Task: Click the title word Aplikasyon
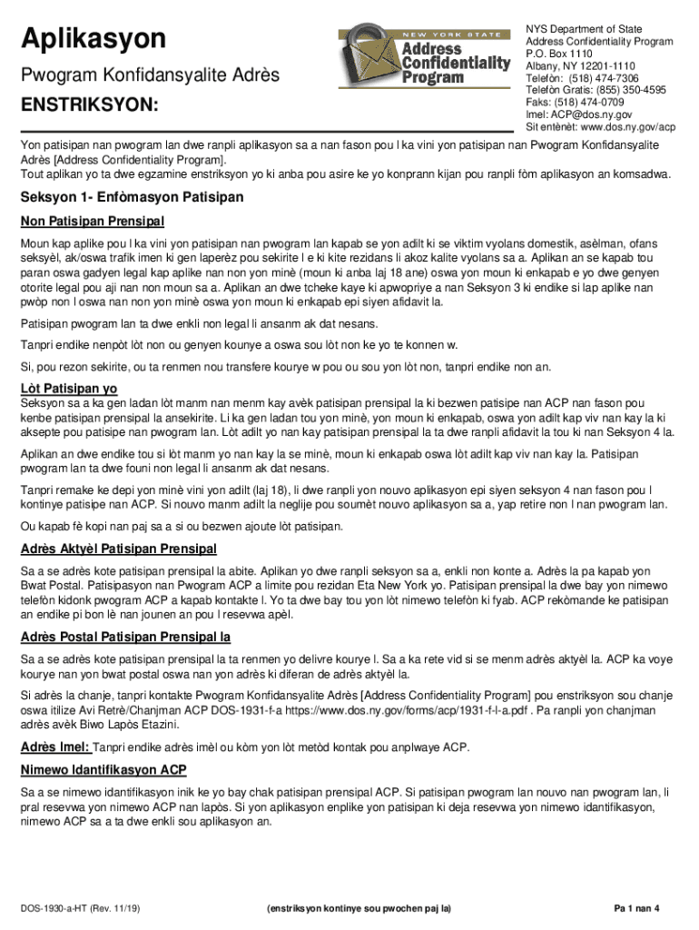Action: click(94, 38)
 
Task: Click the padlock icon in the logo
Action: click(366, 57)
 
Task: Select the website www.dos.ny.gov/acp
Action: click(629, 127)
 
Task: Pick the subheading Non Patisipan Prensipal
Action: click(93, 222)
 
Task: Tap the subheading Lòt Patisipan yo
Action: click(70, 388)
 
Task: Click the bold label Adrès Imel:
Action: click(55, 747)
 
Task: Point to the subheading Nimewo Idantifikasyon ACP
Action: click(103, 771)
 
